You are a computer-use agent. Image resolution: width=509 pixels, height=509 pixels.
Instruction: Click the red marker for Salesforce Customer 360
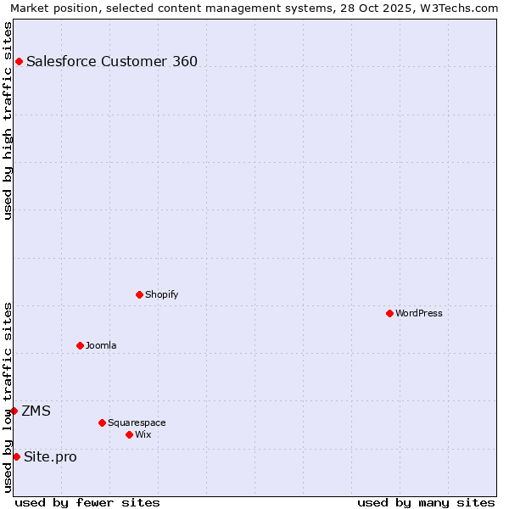coord(19,61)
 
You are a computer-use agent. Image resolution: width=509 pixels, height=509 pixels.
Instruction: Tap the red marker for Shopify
coord(139,294)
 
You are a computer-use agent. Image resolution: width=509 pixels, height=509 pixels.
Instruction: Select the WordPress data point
coord(389,313)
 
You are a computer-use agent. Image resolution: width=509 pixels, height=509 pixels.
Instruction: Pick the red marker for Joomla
coord(80,345)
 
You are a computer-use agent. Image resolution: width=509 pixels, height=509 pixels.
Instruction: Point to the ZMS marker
coord(14,411)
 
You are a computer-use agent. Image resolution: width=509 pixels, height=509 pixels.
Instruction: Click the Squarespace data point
coord(102,422)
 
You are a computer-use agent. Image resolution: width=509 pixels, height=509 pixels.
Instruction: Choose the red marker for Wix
coord(129,434)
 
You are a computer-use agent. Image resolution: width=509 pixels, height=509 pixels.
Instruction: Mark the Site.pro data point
coord(16,456)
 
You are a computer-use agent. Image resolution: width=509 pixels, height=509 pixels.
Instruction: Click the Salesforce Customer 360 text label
coord(112,61)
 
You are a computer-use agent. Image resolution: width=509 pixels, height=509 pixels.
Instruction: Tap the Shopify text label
coord(161,294)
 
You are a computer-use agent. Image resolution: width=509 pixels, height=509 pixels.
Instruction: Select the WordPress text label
coord(419,313)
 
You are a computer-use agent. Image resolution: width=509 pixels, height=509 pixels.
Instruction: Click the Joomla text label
coord(101,345)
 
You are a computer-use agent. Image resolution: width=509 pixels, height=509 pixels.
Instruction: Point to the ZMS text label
coord(36,411)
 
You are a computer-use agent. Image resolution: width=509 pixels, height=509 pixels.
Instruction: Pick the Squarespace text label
coord(137,422)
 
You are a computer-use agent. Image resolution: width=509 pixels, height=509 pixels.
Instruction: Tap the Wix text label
coord(143,434)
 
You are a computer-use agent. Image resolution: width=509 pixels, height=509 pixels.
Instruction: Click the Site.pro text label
coord(50,456)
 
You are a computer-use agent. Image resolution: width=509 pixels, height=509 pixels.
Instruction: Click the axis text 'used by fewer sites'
coord(87,502)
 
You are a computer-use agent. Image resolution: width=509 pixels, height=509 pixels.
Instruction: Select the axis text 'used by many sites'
coord(426,502)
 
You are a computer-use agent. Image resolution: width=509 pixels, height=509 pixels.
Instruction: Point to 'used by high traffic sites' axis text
coord(8,120)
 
